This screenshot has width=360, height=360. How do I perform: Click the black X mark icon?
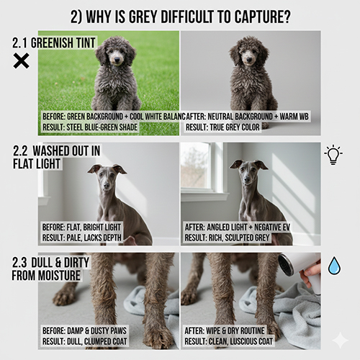(21, 60)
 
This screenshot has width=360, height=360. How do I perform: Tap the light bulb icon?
(333, 155)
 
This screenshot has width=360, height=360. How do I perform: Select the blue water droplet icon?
(334, 266)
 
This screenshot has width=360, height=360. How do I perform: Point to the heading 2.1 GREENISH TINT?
(54, 43)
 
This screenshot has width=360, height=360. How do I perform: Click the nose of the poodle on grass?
(117, 59)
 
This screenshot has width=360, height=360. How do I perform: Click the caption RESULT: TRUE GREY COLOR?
(222, 127)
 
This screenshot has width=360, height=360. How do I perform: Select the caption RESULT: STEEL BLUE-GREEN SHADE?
(90, 127)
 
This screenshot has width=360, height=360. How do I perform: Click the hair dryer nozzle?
(286, 264)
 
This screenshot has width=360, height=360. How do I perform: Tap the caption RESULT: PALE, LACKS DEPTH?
(82, 238)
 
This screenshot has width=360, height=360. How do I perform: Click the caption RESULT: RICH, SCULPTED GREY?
(227, 238)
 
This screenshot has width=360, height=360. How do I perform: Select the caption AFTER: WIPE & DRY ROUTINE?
(225, 330)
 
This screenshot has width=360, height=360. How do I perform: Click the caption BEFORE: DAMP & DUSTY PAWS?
(84, 330)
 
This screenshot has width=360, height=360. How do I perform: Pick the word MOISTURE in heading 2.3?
(60, 275)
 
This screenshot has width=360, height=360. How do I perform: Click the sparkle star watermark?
(341, 340)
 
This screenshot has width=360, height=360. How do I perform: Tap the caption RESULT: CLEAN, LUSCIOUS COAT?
(229, 341)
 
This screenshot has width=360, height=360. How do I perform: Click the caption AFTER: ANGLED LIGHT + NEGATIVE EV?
(238, 227)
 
